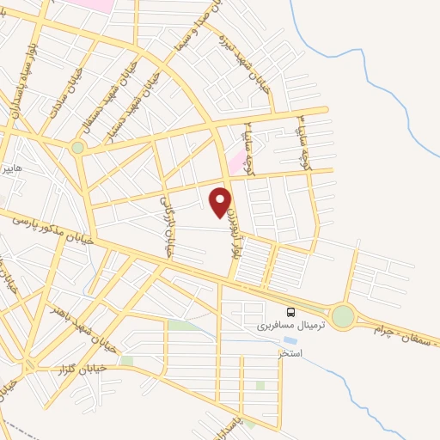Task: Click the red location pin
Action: pyautogui.click(x=221, y=200)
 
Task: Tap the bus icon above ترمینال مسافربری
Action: pyautogui.click(x=291, y=313)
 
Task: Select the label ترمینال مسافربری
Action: pyautogui.click(x=281, y=327)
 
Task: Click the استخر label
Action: pyautogui.click(x=291, y=353)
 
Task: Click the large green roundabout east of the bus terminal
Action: pyautogui.click(x=343, y=317)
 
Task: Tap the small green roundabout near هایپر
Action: pyautogui.click(x=78, y=148)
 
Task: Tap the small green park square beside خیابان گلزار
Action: pyautogui.click(x=126, y=361)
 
